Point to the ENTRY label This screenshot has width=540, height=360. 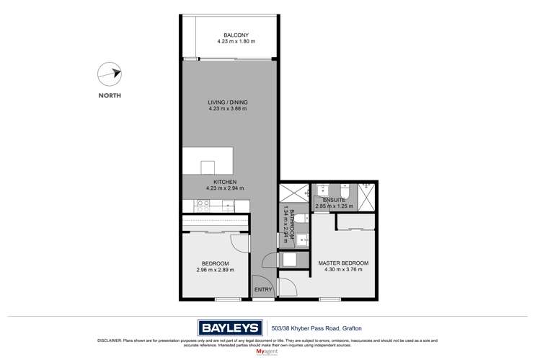coord(263,290)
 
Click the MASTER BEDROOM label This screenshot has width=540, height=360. coord(343,263)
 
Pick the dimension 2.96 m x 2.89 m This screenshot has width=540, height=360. coord(215,271)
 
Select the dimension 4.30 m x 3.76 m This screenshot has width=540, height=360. coord(343,271)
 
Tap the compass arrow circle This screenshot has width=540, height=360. coord(107,73)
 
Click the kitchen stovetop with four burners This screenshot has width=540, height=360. coord(203,205)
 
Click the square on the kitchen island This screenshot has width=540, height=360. coord(208,167)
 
